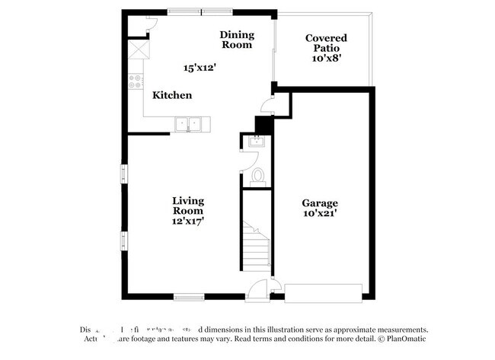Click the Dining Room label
236,40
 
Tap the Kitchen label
172,95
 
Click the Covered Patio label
326,43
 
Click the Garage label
320,203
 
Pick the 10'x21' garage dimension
320,215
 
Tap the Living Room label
187,205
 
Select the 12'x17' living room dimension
187,221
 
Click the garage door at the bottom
324,292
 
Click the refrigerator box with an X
137,49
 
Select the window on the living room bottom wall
188,296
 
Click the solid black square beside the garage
263,124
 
